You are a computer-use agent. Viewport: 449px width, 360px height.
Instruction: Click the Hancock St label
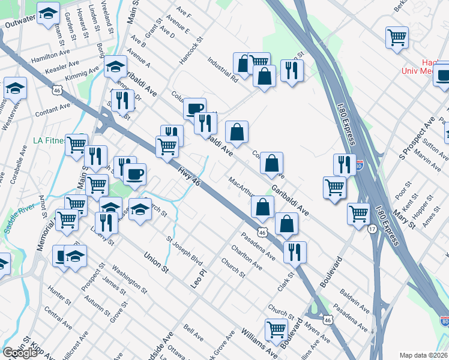pyautogui.click(x=191, y=52)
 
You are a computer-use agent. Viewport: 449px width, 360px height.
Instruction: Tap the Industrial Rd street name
pyautogui.click(x=221, y=68)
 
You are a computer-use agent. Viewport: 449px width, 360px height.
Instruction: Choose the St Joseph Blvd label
pyautogui.click(x=185, y=254)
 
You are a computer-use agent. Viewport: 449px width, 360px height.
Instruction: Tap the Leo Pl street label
pyautogui.click(x=198, y=277)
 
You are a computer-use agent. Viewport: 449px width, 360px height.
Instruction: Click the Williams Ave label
pyautogui.click(x=259, y=340)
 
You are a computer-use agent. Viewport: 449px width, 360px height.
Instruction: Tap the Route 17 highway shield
pyautogui.click(x=372, y=229)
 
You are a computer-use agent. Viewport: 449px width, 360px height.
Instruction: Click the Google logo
pyautogui.click(x=20, y=352)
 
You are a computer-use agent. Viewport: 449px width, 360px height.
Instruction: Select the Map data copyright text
pyautogui.click(x=424, y=355)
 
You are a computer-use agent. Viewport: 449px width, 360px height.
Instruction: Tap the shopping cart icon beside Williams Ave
pyautogui.click(x=276, y=328)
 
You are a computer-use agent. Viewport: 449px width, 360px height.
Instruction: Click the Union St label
pyautogui.click(x=155, y=262)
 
